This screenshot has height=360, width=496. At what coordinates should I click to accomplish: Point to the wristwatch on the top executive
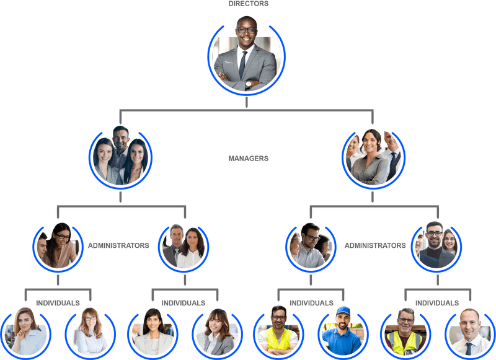tap(249, 84)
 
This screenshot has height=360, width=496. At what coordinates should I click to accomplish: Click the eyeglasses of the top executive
tap(247, 30)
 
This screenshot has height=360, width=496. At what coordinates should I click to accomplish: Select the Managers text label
tap(248, 159)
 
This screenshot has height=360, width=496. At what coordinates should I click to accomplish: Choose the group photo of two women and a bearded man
tap(120, 157)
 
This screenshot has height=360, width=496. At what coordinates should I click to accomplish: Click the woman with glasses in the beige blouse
tap(62, 246)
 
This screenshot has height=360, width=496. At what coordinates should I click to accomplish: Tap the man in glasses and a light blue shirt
tap(309, 248)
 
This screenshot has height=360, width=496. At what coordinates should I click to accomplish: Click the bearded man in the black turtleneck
tap(436, 247)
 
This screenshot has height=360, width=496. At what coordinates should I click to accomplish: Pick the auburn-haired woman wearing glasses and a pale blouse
tap(91, 332)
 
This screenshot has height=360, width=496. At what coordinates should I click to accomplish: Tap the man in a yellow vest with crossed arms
tap(278, 333)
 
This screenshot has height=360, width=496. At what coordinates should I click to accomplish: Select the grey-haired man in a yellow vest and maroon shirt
tap(405, 333)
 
